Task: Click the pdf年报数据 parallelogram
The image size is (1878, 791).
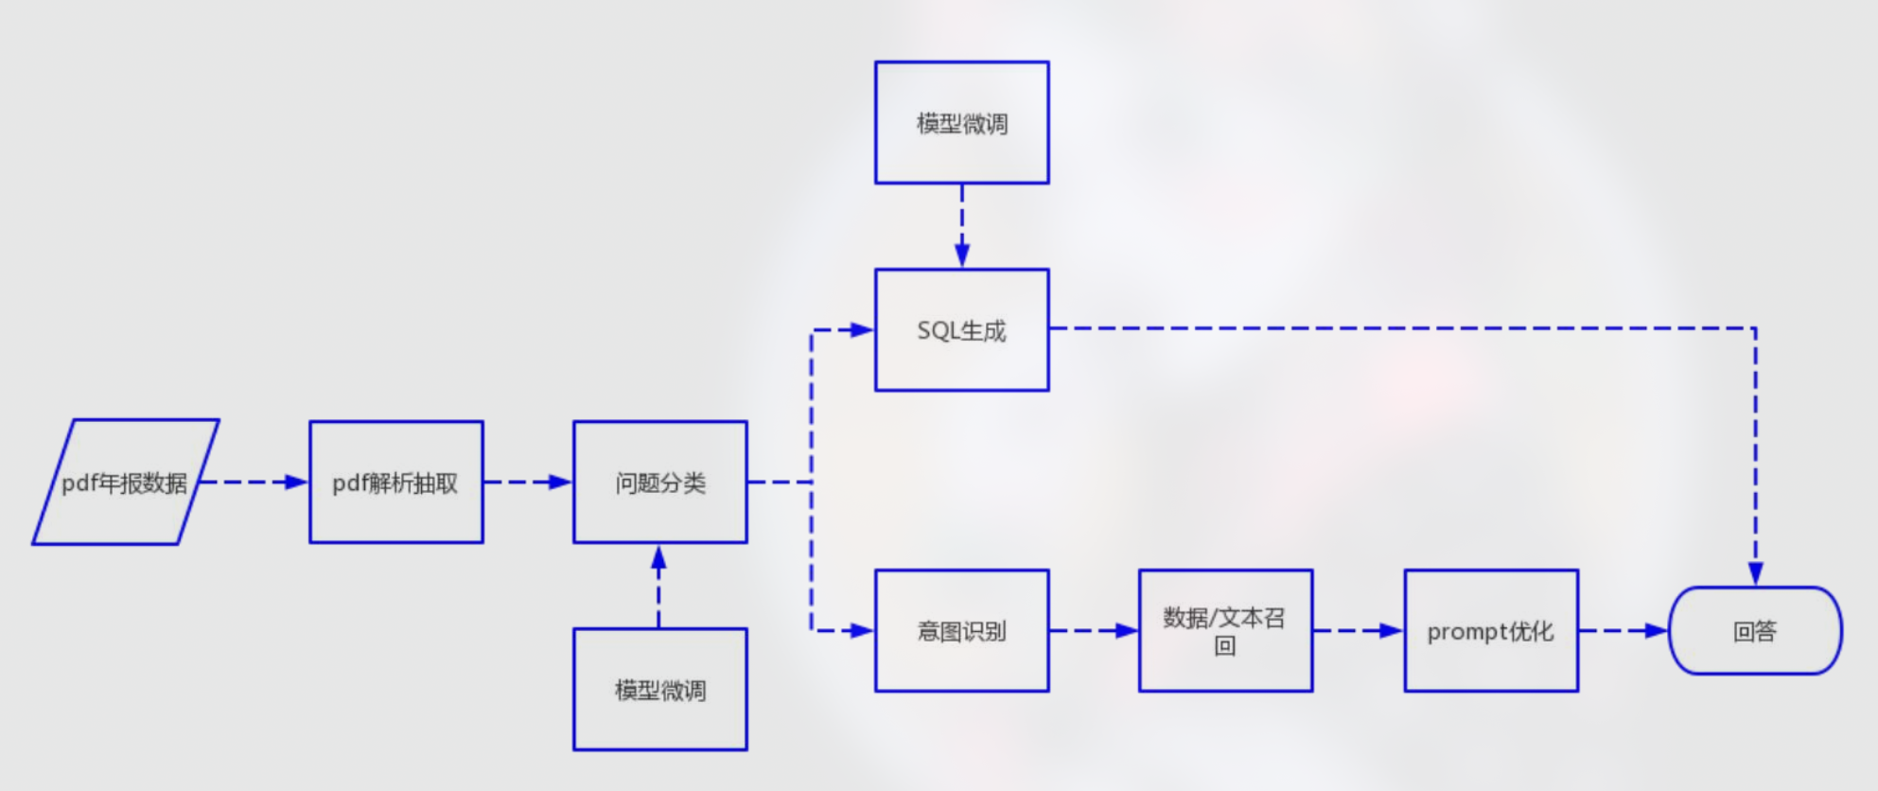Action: point(126,483)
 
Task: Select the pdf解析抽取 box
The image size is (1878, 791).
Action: point(396,483)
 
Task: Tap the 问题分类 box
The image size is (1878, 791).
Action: point(660,483)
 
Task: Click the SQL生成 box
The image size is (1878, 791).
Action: point(962,330)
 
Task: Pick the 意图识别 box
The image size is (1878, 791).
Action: point(962,631)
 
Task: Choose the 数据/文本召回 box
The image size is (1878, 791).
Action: point(1225,631)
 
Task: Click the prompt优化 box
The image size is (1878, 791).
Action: point(1491,631)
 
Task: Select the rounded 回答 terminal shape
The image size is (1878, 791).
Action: point(1755,631)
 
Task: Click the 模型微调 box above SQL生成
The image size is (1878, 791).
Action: point(962,123)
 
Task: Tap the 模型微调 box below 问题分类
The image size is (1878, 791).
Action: point(660,690)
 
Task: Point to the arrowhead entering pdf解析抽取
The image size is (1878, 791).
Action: point(297,483)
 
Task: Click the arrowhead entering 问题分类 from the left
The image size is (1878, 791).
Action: point(561,483)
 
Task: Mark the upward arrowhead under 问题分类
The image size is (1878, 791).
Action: point(659,557)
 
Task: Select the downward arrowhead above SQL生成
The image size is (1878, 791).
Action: point(962,255)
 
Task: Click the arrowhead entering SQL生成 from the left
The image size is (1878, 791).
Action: point(862,330)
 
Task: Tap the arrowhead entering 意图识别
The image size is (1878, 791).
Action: point(862,631)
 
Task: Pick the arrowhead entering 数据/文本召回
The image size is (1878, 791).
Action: point(1127,631)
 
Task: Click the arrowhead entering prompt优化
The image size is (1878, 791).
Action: point(1392,631)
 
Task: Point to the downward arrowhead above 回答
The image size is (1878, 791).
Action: point(1755,573)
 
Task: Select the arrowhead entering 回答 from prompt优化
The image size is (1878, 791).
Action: point(1657,631)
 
